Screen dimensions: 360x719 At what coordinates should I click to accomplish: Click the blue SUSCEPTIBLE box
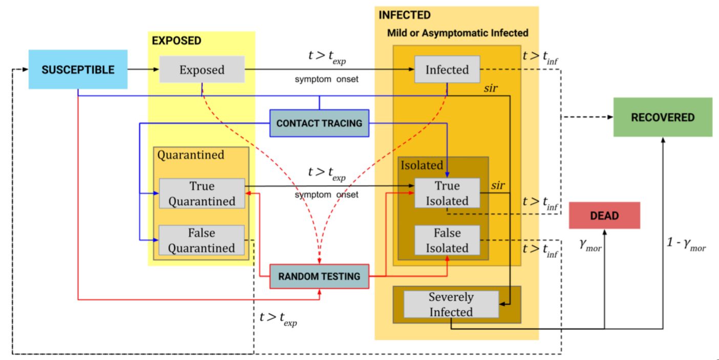tap(78, 70)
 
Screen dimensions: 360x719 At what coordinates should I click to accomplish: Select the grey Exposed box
tap(202, 70)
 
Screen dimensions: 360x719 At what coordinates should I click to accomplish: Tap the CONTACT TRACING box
tap(319, 123)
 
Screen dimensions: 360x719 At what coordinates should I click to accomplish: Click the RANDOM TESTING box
tap(319, 277)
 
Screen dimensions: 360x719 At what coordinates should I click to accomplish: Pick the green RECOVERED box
tap(663, 117)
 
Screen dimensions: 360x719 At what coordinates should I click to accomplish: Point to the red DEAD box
tap(604, 216)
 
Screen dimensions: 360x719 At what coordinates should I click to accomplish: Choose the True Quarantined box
tap(202, 194)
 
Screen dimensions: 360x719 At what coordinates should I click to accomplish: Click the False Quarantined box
tap(202, 240)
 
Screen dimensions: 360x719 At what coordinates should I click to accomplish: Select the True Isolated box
tap(447, 193)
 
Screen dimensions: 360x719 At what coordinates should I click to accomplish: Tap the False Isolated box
tap(447, 240)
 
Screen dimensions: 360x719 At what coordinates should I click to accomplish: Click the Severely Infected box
tap(451, 304)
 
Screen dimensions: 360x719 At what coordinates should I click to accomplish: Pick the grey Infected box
tap(447, 70)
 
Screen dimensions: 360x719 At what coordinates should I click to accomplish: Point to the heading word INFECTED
tap(405, 15)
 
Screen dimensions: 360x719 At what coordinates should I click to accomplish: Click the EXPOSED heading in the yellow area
tap(177, 40)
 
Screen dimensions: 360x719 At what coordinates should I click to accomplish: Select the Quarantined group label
tap(191, 155)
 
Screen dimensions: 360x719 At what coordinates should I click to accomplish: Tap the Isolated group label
tap(422, 165)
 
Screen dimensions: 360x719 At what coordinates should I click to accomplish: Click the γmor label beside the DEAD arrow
tap(590, 246)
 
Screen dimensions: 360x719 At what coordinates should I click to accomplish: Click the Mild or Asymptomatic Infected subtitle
tap(457, 33)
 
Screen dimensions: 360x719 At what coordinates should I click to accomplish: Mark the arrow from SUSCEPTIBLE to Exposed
tap(143, 70)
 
